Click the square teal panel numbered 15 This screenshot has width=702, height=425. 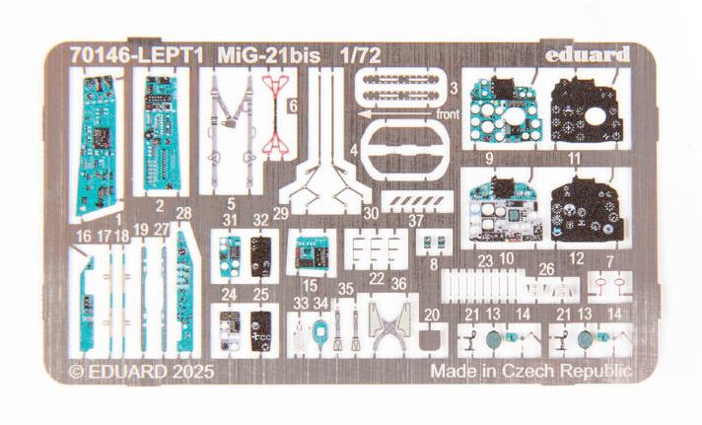310,255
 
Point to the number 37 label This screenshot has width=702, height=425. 416,220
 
